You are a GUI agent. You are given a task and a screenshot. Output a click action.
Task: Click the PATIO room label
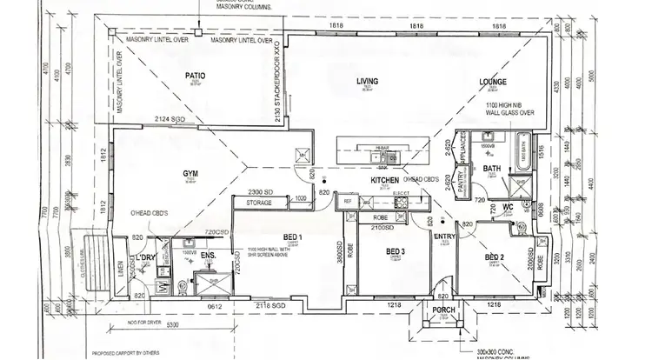(x=195, y=77)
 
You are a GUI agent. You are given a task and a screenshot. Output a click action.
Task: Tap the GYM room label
(x=190, y=174)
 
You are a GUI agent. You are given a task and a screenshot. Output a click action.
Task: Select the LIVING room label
(x=368, y=82)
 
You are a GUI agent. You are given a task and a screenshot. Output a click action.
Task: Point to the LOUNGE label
(x=493, y=83)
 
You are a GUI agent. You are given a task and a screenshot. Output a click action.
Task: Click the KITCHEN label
(x=384, y=181)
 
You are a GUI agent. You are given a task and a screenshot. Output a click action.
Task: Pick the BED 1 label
(x=292, y=237)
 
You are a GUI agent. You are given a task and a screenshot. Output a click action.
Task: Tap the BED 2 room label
(x=495, y=257)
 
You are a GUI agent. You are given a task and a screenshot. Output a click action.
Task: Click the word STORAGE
(x=259, y=203)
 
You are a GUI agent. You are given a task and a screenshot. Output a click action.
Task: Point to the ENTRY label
(x=444, y=235)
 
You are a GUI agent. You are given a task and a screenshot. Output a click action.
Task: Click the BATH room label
(x=492, y=169)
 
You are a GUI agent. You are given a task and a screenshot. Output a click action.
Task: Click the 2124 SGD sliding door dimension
(x=168, y=118)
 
